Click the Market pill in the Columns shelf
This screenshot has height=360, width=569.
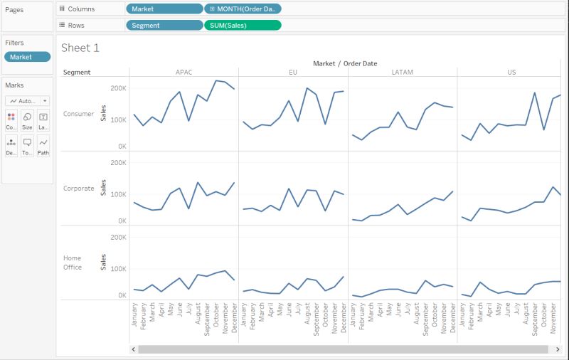point(164,9)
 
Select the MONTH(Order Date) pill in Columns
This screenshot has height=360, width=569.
point(243,9)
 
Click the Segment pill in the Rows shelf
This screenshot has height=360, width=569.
point(164,25)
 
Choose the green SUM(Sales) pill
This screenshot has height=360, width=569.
point(243,25)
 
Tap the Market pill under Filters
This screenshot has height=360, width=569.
point(27,57)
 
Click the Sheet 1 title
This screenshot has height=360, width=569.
point(80,48)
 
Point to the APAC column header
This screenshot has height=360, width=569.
point(184,72)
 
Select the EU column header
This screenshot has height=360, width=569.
point(293,72)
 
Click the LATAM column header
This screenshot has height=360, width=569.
point(403,72)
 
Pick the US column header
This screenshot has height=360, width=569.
point(511,72)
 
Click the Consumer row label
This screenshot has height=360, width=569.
point(78,114)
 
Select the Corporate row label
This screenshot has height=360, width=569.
point(78,189)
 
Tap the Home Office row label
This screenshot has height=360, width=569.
point(73,263)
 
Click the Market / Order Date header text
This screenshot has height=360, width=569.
point(345,63)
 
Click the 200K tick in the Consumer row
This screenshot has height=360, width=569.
point(117,88)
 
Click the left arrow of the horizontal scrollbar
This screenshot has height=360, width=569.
point(133,349)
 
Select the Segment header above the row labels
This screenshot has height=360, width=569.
point(77,72)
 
